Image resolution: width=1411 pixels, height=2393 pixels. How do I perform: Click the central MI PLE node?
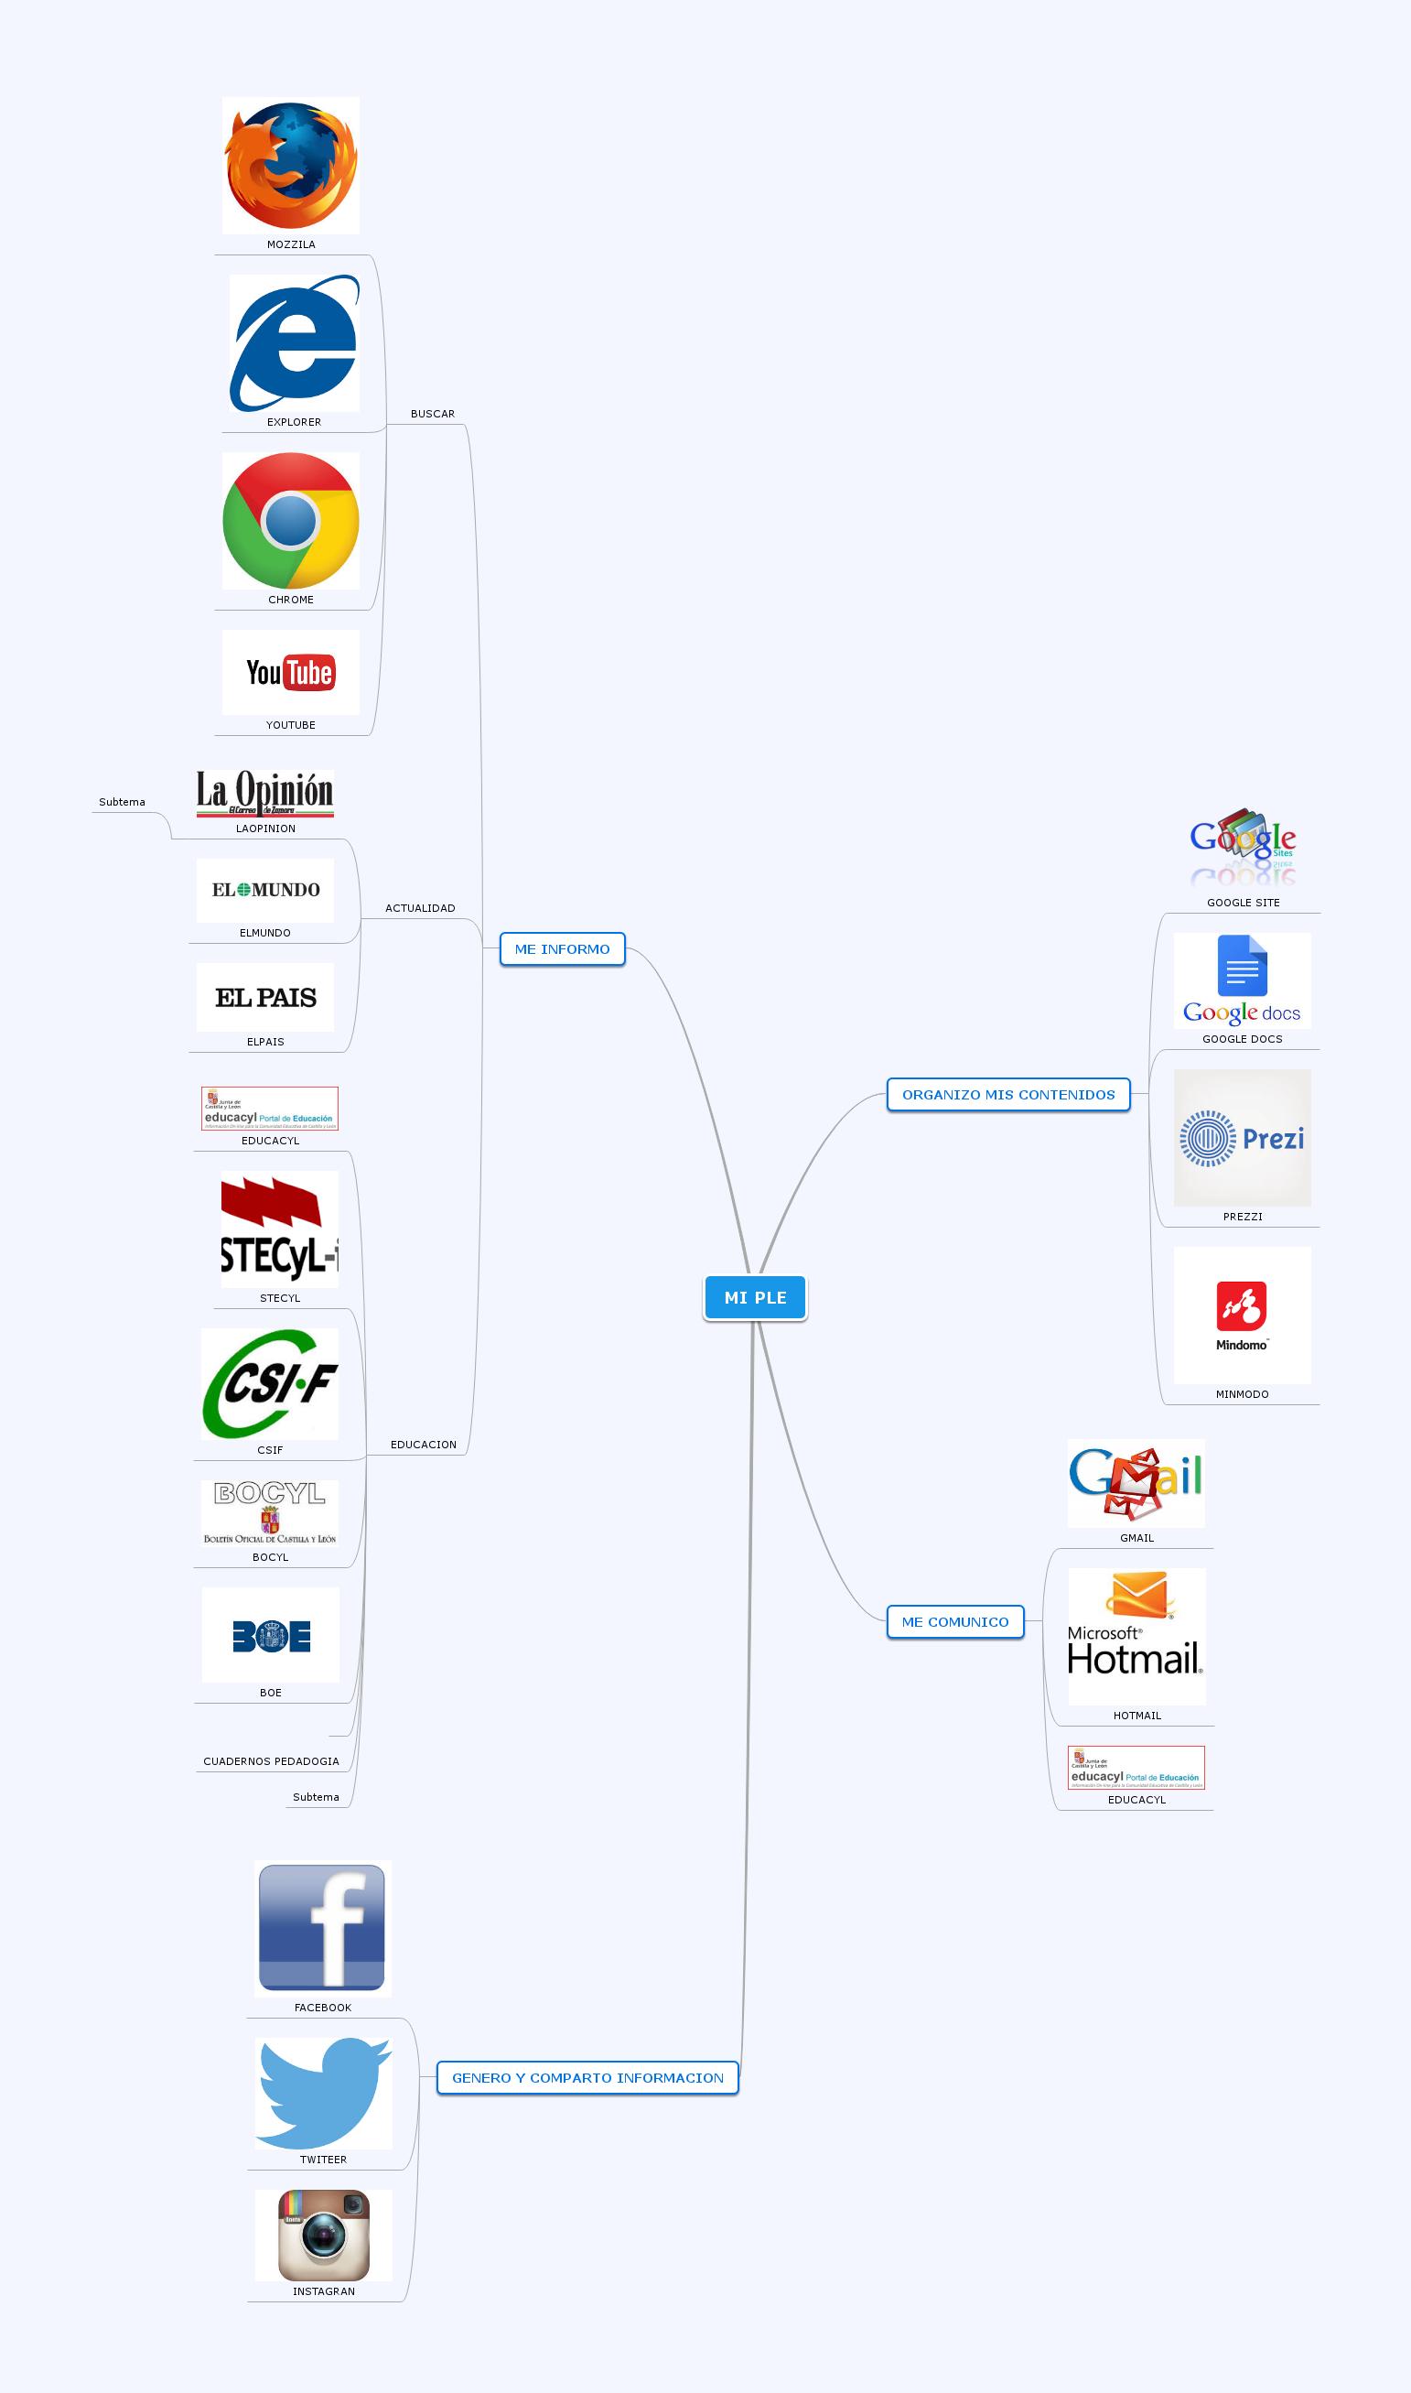pos(755,1297)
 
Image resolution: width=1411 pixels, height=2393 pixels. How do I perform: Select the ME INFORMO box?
pos(562,949)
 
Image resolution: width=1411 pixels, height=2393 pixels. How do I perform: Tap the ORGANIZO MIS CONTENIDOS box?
pos(1007,1095)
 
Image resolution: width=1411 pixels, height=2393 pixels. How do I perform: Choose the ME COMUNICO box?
pos(954,1621)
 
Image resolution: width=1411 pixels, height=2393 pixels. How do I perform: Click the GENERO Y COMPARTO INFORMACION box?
pos(587,2077)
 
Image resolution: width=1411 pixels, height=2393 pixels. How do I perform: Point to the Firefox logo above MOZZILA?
pos(291,166)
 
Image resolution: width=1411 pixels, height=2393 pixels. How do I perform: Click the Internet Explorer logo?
pos(295,343)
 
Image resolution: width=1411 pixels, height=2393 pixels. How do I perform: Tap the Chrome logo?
pos(291,520)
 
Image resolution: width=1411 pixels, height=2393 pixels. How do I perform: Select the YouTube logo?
pos(291,673)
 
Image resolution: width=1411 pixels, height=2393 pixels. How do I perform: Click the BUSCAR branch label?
pos(433,414)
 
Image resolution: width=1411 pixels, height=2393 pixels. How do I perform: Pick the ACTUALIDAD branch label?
pos(420,908)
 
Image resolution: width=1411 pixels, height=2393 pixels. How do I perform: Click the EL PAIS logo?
pos(265,998)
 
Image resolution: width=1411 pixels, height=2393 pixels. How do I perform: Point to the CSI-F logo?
pos(270,1384)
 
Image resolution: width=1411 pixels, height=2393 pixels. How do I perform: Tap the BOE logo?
pos(271,1636)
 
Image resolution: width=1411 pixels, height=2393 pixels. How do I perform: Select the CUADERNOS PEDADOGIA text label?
pos(271,1761)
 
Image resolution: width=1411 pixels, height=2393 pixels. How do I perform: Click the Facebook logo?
pos(322,1928)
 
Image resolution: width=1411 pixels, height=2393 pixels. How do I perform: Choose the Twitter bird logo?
pos(323,2093)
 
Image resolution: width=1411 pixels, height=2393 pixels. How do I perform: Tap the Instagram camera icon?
pos(323,2236)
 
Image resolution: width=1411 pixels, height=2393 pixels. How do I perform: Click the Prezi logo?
pos(1242,1139)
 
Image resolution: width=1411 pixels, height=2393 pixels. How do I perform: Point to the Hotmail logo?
pos(1136,1636)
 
